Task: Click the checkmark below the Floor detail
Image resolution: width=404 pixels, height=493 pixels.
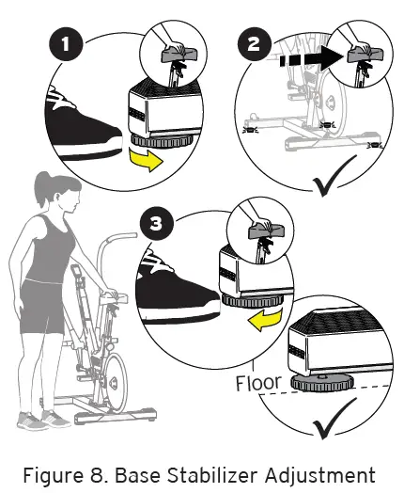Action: [337, 421]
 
